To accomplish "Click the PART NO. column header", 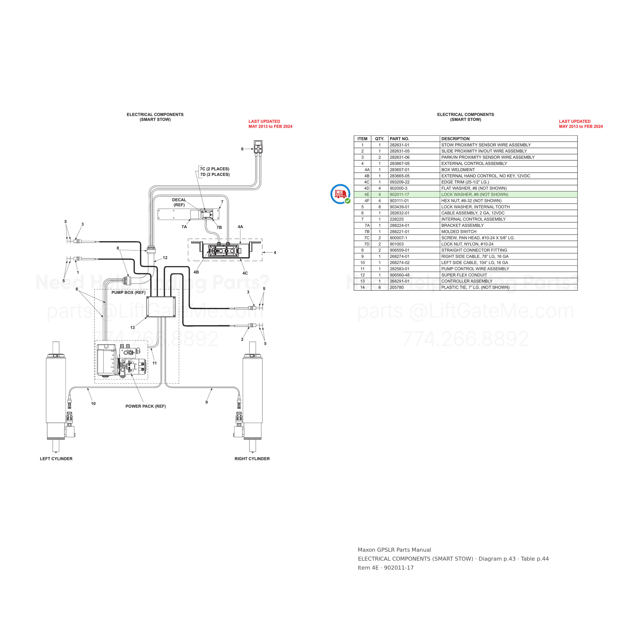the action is coord(399,139).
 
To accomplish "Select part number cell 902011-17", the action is coord(399,194).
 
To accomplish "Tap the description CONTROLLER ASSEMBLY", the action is coord(467,281).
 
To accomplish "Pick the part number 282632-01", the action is coord(399,213).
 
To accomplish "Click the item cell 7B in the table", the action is coord(367,232).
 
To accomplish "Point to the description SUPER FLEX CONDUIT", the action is coord(464,275).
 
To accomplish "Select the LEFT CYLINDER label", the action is coord(56,459).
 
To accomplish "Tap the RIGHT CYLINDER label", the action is coord(252,459).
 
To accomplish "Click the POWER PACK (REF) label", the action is coord(146,406).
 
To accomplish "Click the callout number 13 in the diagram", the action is coord(132,328).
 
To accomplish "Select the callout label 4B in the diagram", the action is coord(196,272).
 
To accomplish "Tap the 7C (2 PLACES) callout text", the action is coord(215,169).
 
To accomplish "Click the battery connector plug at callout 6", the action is coord(258,147).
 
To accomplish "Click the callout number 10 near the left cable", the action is coord(93,404).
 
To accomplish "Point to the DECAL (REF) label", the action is coord(179,202).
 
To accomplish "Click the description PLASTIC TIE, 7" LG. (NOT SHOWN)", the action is coord(475,287).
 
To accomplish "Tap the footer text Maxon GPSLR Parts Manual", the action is coord(394,550).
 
